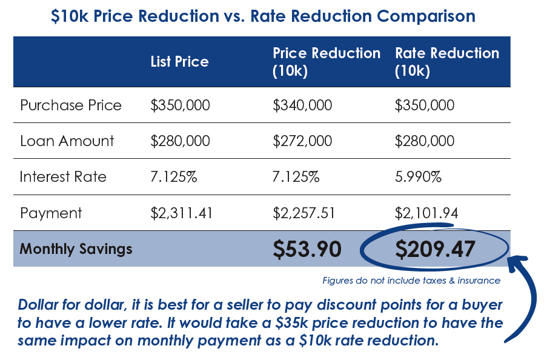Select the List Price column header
[x=179, y=62]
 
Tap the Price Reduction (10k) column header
[x=327, y=62]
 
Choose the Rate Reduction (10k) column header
[x=447, y=62]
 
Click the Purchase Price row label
[x=71, y=105]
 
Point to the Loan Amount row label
[x=67, y=141]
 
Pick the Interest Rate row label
[x=63, y=177]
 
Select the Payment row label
[x=51, y=213]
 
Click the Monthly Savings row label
[x=76, y=248]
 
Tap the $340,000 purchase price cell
[x=302, y=105]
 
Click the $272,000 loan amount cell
[x=302, y=141]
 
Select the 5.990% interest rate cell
[x=418, y=177]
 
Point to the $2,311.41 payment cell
[x=181, y=213]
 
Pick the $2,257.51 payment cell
[x=304, y=213]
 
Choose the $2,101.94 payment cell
[x=425, y=213]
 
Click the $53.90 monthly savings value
[x=307, y=249]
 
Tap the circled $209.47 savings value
[x=434, y=249]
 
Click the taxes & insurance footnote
[x=411, y=281]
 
